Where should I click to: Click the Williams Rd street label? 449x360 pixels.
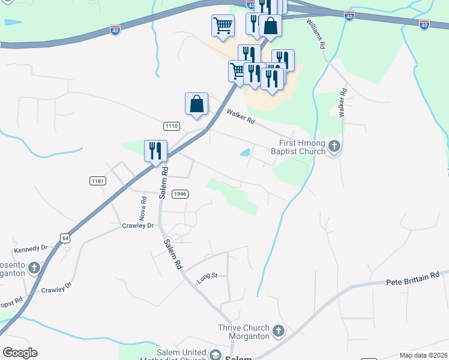click(x=316, y=34)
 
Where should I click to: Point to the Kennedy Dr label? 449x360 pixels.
click(x=31, y=248)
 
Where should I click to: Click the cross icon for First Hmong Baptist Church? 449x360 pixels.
click(x=334, y=146)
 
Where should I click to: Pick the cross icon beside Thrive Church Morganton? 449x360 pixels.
click(x=278, y=331)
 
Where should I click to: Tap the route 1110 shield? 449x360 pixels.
click(x=171, y=125)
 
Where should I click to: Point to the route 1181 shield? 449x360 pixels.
click(x=97, y=181)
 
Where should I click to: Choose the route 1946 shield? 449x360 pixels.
click(x=179, y=194)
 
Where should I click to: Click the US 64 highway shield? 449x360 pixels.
click(x=65, y=238)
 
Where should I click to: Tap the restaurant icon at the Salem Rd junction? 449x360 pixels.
click(x=155, y=151)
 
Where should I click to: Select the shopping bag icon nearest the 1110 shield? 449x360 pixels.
click(x=196, y=104)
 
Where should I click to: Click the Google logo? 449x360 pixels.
click(x=20, y=353)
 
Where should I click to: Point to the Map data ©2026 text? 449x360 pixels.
click(x=424, y=355)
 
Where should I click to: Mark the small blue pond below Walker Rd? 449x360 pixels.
click(x=246, y=153)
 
